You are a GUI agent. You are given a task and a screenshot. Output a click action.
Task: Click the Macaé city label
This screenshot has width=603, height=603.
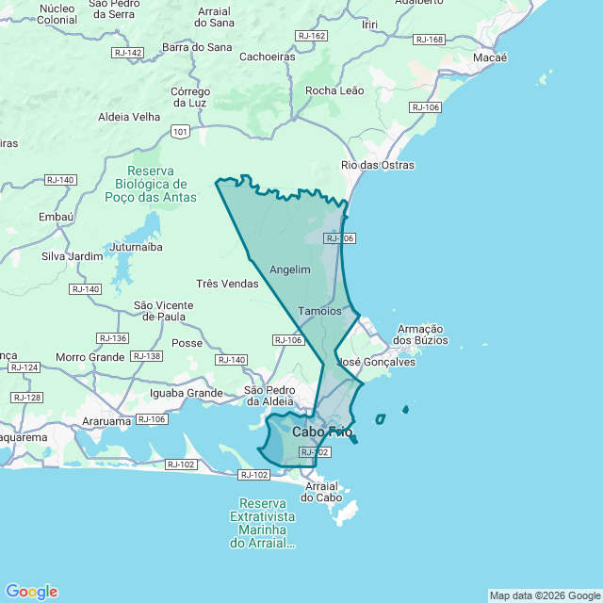pos(490,57)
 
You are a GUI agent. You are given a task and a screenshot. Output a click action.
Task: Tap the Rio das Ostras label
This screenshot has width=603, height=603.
pos(378,166)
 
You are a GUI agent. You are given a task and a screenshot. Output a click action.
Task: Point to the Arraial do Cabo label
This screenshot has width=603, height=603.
pos(321,491)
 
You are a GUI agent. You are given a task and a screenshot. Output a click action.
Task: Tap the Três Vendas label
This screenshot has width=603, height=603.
pos(227,284)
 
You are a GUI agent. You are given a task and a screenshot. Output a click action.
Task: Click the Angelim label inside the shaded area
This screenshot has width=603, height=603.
pos(290,269)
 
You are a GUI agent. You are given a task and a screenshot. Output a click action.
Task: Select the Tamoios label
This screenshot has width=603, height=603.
pos(319,311)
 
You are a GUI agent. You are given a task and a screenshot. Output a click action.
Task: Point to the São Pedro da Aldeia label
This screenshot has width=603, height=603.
pos(269,396)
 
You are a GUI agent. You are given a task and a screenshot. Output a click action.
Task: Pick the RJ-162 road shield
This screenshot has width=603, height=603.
pos(311,36)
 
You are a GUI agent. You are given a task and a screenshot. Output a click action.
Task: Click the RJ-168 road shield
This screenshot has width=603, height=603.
pos(429,40)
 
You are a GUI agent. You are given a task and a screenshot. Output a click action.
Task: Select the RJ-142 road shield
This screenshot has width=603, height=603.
pos(127,53)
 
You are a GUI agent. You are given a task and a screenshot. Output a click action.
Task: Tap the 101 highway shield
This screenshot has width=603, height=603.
pos(180,132)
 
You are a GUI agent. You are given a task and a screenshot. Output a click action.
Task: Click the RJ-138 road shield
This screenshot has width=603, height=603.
pos(146,356)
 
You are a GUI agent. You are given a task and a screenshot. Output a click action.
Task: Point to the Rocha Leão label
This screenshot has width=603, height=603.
pos(334,90)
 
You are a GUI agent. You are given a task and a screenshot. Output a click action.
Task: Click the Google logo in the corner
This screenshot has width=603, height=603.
pos(31,592)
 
